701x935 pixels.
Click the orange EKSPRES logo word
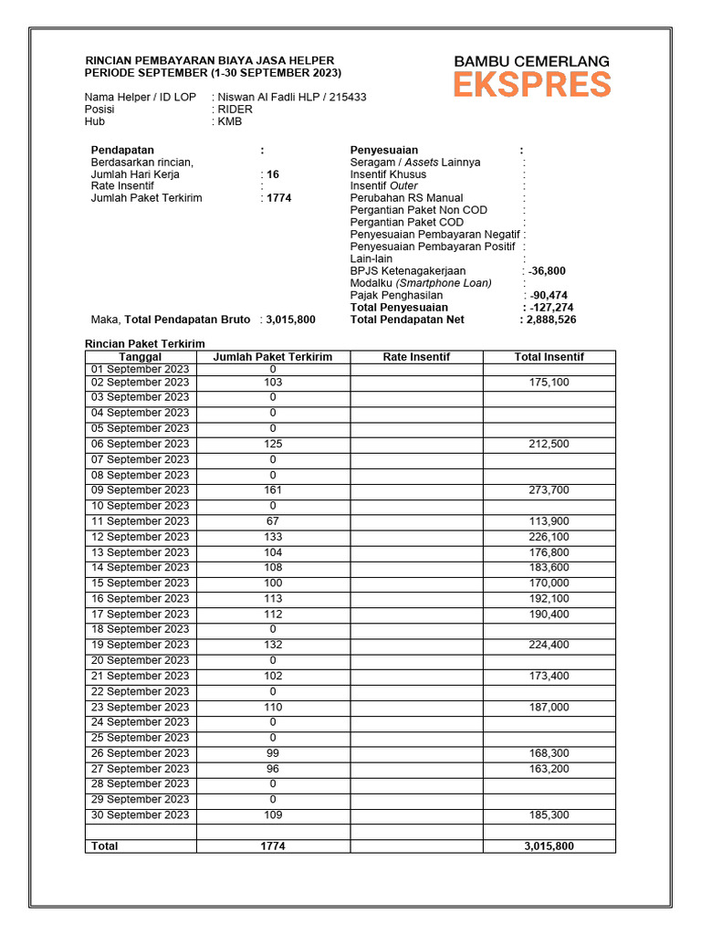click(x=532, y=85)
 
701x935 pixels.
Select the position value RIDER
click(x=235, y=109)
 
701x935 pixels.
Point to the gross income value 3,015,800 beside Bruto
click(x=290, y=320)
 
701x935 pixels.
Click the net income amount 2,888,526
click(x=550, y=320)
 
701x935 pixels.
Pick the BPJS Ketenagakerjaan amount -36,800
click(x=547, y=271)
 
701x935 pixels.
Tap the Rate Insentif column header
click(x=416, y=357)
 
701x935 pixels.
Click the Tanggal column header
click(x=141, y=357)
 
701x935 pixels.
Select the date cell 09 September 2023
click(x=141, y=490)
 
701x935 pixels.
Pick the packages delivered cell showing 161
click(x=273, y=490)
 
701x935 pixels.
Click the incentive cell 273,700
click(x=549, y=490)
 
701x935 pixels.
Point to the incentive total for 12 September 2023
click(x=549, y=537)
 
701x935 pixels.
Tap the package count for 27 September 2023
click(x=273, y=769)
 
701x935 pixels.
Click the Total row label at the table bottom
click(x=105, y=846)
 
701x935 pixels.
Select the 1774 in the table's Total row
click(x=273, y=846)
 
